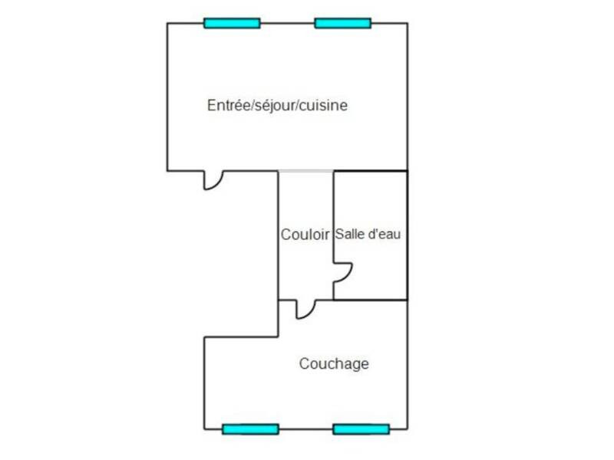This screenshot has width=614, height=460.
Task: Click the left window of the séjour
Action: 233,23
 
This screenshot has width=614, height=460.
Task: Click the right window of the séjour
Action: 343,23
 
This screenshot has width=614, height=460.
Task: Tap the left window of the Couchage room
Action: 251,429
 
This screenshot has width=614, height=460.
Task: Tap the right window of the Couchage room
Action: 361,429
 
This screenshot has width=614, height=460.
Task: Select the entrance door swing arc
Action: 218,185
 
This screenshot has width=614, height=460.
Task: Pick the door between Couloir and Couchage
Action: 310,314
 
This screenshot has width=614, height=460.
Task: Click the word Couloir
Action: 305,235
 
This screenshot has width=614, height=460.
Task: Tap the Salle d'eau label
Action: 368,234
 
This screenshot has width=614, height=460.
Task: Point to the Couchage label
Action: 334,363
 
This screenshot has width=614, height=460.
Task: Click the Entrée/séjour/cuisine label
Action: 277,105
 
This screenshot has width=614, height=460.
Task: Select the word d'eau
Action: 385,234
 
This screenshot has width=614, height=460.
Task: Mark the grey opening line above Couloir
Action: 305,171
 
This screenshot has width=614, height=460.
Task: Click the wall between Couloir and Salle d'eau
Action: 333,216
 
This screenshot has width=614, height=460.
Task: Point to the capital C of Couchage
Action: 305,363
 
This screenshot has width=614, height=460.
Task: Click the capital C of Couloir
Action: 286,235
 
